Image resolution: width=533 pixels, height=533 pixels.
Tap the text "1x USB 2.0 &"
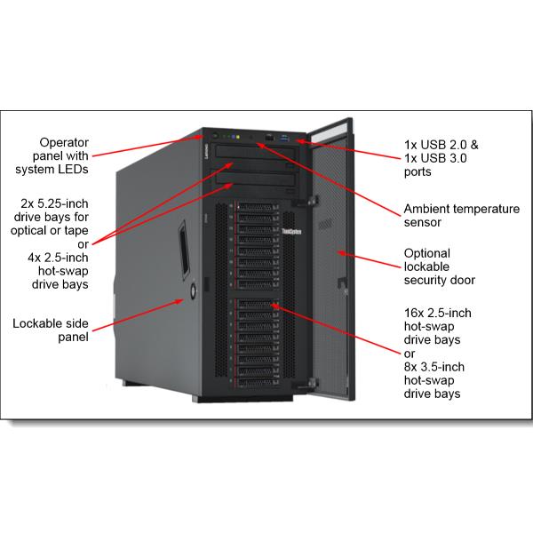coord(442,141)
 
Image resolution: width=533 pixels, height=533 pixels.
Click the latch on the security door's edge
coord(338,286)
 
